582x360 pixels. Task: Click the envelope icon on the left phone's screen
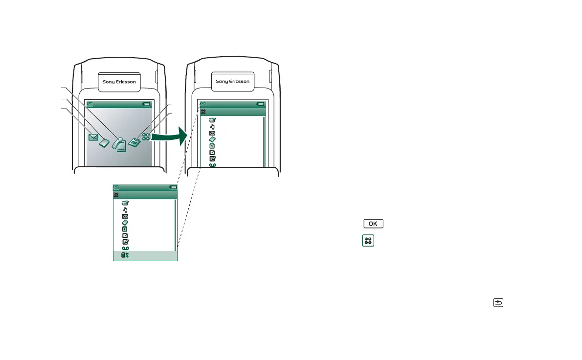93,137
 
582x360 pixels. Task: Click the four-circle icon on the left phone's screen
146,136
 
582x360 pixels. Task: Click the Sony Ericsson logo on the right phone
233,82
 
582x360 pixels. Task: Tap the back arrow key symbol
498,303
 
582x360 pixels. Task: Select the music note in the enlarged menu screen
125,210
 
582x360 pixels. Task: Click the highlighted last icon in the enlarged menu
125,255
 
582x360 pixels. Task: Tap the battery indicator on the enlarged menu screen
173,187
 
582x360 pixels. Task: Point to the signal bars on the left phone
90,105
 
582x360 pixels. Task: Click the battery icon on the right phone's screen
261,104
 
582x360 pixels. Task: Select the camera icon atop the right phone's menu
212,120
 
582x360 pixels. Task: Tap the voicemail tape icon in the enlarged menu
125,248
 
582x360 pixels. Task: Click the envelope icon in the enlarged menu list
125,216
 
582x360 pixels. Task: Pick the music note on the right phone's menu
212,127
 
